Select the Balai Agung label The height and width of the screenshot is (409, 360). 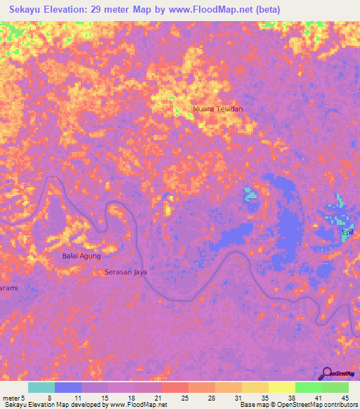(82, 256)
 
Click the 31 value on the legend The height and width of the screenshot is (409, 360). (217, 397)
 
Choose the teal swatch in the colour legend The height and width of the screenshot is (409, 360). (41, 387)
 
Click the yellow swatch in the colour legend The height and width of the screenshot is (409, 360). (281, 387)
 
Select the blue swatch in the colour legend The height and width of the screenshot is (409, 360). (68, 387)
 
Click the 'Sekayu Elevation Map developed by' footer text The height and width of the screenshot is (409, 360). (54, 405)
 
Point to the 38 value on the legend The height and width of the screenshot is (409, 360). (271, 397)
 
